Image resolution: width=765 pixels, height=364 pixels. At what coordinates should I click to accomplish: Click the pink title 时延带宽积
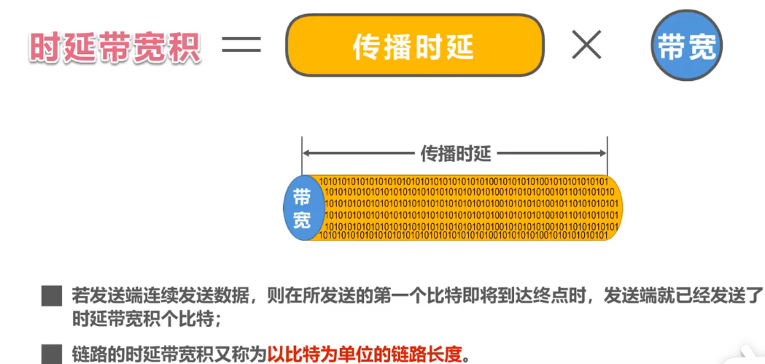click(115, 47)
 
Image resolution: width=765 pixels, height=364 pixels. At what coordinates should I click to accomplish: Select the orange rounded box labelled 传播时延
click(415, 46)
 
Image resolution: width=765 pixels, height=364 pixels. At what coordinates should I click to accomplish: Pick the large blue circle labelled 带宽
click(686, 47)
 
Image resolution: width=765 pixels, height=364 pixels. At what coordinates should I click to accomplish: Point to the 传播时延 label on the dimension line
click(456, 153)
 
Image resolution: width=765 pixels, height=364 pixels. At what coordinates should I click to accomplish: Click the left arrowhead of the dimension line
click(306, 153)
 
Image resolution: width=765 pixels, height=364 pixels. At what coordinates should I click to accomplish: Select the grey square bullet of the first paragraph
click(51, 296)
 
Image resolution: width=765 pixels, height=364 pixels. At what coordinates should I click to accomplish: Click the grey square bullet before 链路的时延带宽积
click(51, 354)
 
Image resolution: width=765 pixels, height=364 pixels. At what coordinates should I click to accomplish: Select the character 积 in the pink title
click(187, 47)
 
